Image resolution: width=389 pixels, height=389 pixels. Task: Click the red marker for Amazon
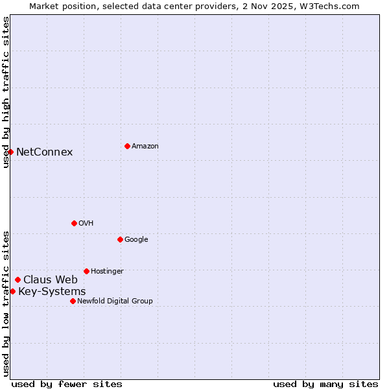(127, 146)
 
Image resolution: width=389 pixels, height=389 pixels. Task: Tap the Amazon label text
(145, 147)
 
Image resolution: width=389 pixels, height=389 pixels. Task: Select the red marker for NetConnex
(10, 152)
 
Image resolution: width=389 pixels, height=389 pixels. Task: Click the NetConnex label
(44, 152)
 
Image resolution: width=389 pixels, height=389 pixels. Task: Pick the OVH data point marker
(74, 223)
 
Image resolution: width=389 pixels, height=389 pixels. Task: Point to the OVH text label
(86, 224)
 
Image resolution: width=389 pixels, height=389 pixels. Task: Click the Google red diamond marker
(120, 239)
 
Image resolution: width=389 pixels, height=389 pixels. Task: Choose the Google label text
(136, 240)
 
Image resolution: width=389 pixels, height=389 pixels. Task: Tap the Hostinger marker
(86, 271)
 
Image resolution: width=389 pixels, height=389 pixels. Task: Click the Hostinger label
(107, 272)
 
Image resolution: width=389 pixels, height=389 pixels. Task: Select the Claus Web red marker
(18, 280)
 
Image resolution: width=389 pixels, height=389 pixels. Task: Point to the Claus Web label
(51, 280)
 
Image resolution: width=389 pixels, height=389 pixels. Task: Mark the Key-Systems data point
(12, 292)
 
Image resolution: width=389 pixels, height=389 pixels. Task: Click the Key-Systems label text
(52, 292)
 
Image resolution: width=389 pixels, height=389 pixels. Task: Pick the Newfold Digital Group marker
(73, 301)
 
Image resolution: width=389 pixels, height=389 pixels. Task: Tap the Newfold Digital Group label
(115, 301)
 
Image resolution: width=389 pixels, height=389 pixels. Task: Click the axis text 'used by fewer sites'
(67, 384)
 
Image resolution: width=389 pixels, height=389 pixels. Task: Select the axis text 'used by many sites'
(325, 384)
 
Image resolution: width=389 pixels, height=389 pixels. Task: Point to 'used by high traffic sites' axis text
(6, 92)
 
